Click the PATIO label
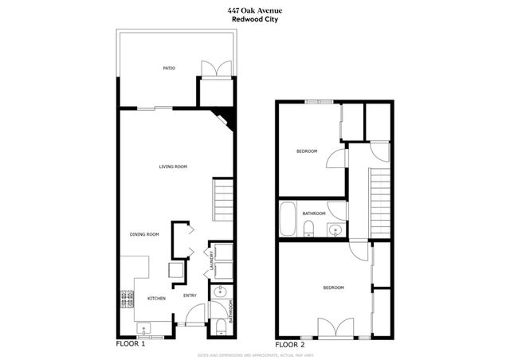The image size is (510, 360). tap(169, 69)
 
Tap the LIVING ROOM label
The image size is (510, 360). tap(173, 166)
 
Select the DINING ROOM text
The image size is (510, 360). tap(145, 234)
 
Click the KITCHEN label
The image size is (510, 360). tap(156, 298)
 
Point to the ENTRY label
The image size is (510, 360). tap(190, 296)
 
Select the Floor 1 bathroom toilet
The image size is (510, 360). tap(220, 325)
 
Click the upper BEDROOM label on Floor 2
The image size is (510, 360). tap(307, 151)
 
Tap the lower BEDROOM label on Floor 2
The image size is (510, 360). tap(333, 288)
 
